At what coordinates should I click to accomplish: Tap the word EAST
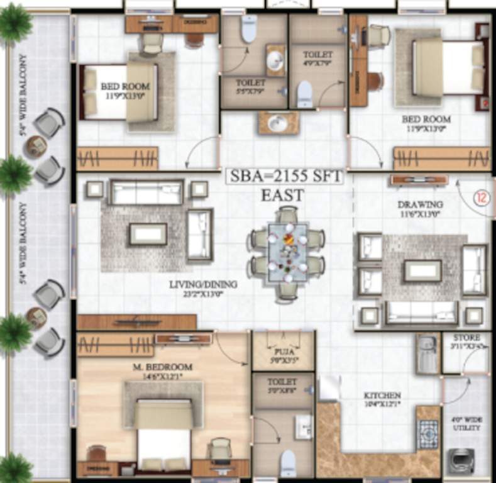[283, 196]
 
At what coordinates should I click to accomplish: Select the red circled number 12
[481, 197]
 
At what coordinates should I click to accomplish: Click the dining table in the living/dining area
[287, 253]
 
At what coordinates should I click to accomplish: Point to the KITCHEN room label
[382, 396]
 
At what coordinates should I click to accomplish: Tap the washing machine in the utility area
[458, 461]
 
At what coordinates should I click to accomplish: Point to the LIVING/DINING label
[202, 285]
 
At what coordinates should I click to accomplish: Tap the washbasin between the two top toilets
[277, 123]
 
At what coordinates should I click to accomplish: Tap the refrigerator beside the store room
[427, 354]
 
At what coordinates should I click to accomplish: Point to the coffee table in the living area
[148, 234]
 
